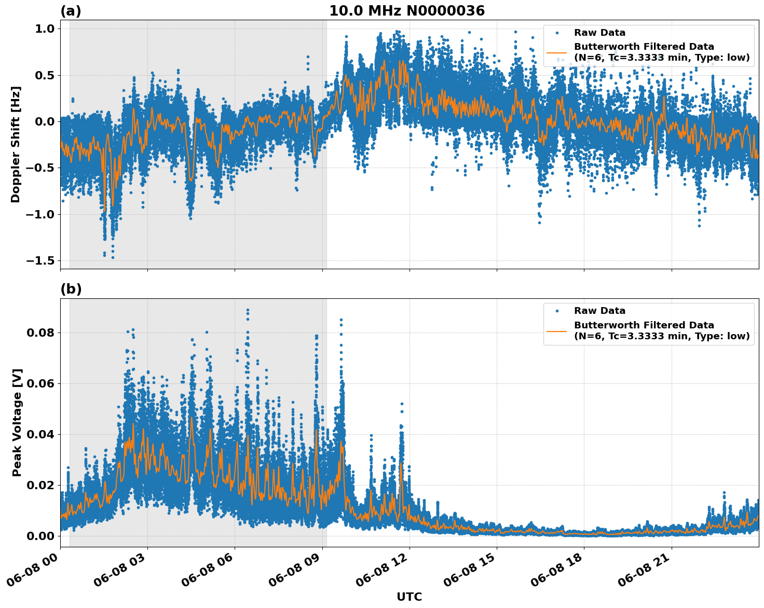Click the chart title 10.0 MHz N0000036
pos(406,11)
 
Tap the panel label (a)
pos(71,11)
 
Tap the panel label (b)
pos(71,289)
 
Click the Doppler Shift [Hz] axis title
pos(16,144)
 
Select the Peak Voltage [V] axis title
pos(17,422)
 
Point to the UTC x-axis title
pos(409,597)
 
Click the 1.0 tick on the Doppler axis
pos(44,29)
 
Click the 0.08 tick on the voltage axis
pos(41,333)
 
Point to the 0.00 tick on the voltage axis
pos(41,536)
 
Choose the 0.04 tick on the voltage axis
pos(41,434)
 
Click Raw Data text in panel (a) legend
pos(599,33)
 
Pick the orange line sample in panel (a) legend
pos(557,52)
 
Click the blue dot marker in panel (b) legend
pos(557,311)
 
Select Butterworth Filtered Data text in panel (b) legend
pos(644,325)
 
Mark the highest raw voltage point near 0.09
pos(248,310)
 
